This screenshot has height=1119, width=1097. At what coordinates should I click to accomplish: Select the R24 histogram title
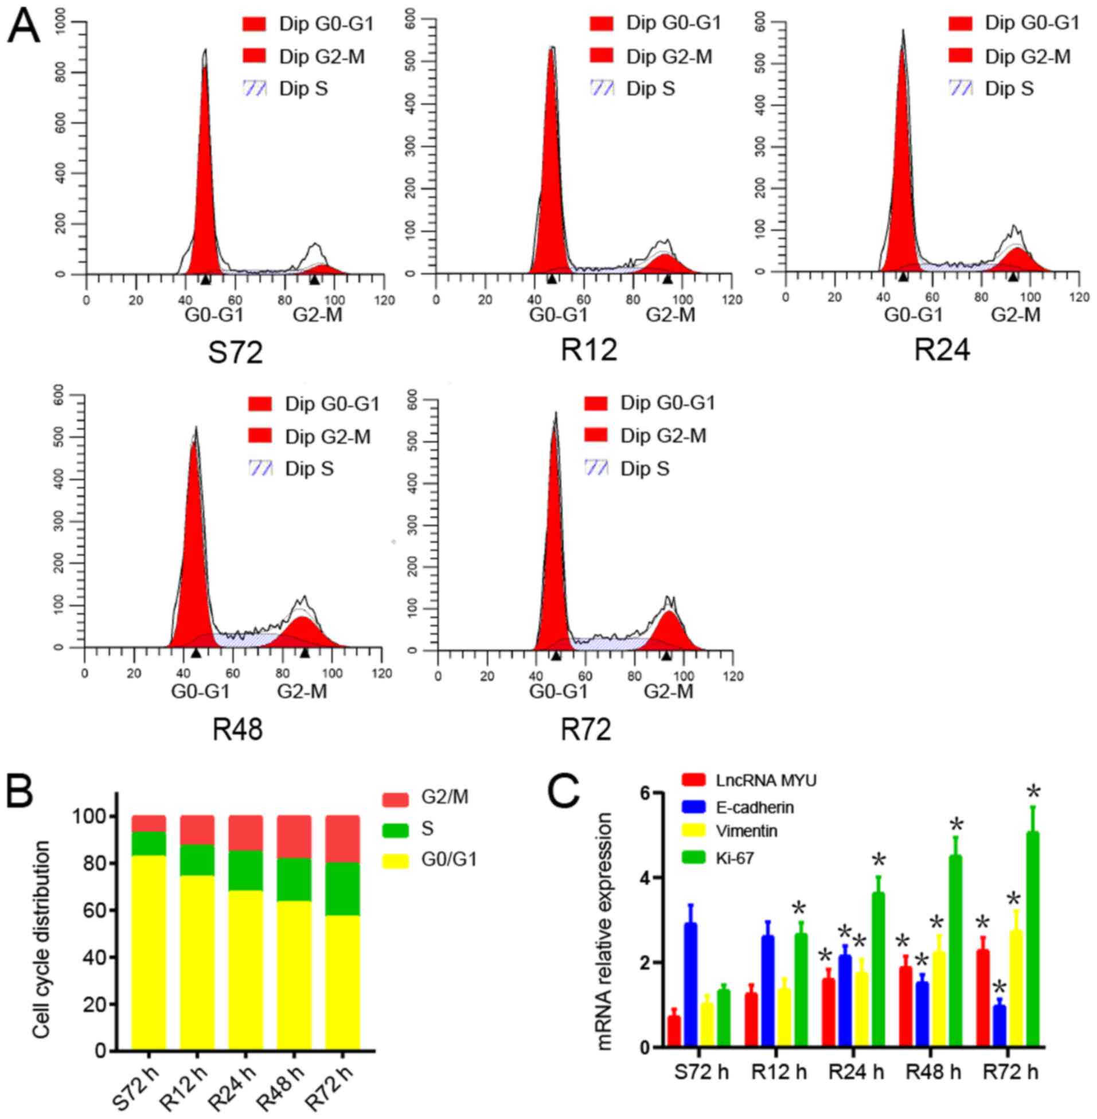click(x=942, y=349)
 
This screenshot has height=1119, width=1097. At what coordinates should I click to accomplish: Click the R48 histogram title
click(x=237, y=730)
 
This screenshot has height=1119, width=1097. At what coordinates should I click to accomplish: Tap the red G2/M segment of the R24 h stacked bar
click(x=245, y=833)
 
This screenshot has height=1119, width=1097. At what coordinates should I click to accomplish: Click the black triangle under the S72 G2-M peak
click(x=315, y=279)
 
